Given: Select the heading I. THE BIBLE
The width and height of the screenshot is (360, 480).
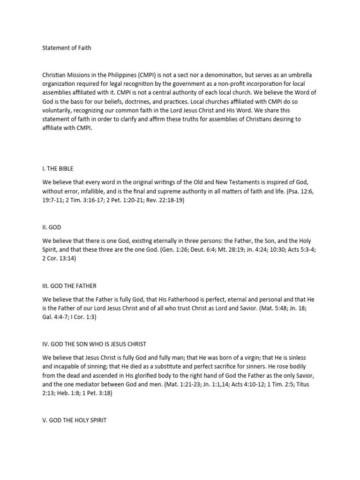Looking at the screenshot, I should click(x=58, y=168).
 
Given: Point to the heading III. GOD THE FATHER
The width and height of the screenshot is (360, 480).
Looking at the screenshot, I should click(x=69, y=285).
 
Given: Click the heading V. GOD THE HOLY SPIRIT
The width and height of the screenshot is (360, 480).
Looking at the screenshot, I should click(x=75, y=420).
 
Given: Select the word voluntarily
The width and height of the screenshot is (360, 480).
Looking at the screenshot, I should click(x=60, y=111).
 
